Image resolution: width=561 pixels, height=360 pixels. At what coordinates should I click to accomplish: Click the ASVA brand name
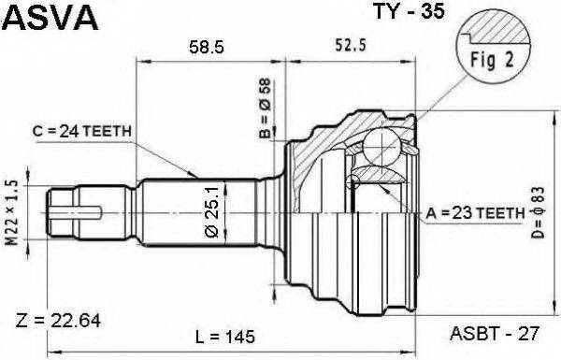click(50, 17)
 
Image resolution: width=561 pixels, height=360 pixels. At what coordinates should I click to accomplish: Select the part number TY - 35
click(409, 11)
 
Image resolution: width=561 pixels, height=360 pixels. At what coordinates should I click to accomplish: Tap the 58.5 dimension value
click(207, 47)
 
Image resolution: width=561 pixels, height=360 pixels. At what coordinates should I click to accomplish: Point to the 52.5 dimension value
click(351, 45)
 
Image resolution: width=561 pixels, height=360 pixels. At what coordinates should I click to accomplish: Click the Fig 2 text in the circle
click(492, 60)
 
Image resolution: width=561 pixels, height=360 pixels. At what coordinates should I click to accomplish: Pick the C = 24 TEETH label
click(82, 131)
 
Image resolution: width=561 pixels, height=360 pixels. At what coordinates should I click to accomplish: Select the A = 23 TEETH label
click(475, 213)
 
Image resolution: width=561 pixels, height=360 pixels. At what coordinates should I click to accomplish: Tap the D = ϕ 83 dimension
click(539, 212)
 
